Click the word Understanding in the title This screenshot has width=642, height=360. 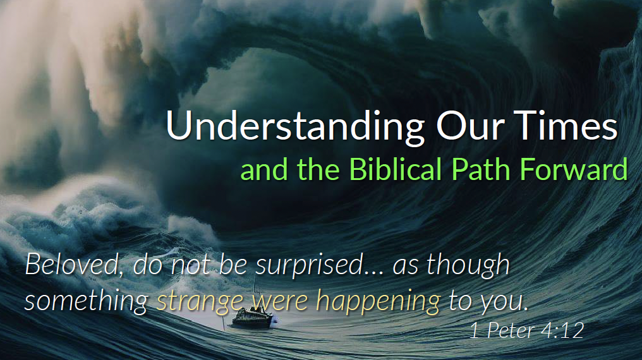295,127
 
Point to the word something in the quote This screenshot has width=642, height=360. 87,302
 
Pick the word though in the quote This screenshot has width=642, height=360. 468,265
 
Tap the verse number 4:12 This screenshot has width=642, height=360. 562,330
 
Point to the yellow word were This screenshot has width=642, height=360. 280,302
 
